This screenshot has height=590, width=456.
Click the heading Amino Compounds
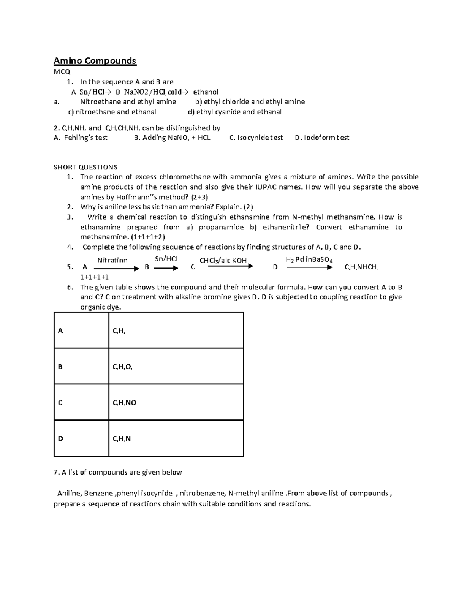[x=95, y=61]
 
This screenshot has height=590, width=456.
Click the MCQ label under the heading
[x=62, y=71]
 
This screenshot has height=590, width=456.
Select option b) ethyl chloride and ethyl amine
[x=250, y=102]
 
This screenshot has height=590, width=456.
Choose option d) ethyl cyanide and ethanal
[x=235, y=112]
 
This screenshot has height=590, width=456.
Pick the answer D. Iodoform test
[x=322, y=138]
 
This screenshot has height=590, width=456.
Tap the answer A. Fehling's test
[x=81, y=138]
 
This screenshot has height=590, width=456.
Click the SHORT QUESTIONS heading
[x=85, y=167]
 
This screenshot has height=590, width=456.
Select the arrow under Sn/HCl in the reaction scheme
[x=166, y=268]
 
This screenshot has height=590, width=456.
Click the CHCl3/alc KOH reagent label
[x=223, y=260]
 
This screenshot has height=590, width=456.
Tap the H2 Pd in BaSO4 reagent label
[x=309, y=260]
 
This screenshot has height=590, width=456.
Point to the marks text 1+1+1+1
[x=94, y=277]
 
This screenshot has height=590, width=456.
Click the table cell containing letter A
[x=81, y=331]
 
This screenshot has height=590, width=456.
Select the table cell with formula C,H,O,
[x=176, y=367]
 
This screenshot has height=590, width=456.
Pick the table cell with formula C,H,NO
[x=176, y=403]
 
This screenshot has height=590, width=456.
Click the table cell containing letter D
[x=81, y=439]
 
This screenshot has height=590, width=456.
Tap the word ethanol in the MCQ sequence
[x=206, y=92]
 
